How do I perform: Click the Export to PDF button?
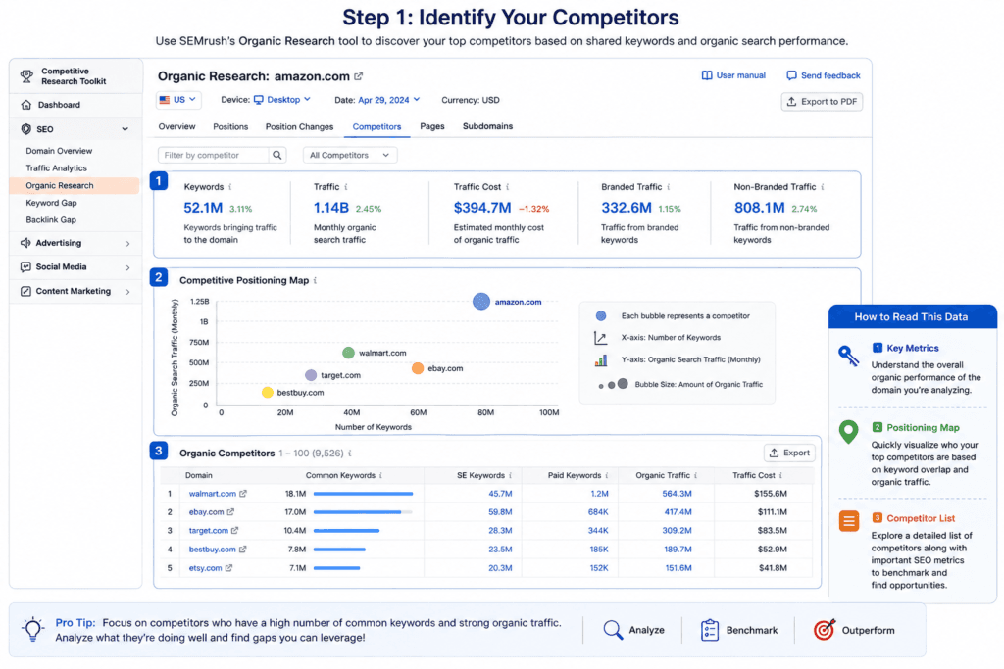(822, 102)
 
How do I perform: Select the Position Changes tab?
(299, 126)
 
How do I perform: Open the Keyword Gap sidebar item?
(51, 203)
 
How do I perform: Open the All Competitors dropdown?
(350, 155)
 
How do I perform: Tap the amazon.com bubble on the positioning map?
(480, 302)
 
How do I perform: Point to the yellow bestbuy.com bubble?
(268, 392)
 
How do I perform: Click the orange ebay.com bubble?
(418, 368)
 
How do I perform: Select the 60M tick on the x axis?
(418, 412)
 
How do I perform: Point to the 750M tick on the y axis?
(199, 342)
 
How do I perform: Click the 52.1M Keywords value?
(203, 208)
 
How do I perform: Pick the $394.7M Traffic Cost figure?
(482, 208)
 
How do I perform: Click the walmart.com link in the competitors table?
(213, 494)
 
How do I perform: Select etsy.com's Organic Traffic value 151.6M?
(678, 568)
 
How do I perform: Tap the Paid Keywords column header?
(575, 475)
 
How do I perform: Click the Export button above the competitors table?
(789, 453)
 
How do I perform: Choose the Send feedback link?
(824, 75)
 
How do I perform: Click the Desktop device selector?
(282, 100)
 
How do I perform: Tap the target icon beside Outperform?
(824, 630)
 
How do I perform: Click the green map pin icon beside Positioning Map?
(848, 432)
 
